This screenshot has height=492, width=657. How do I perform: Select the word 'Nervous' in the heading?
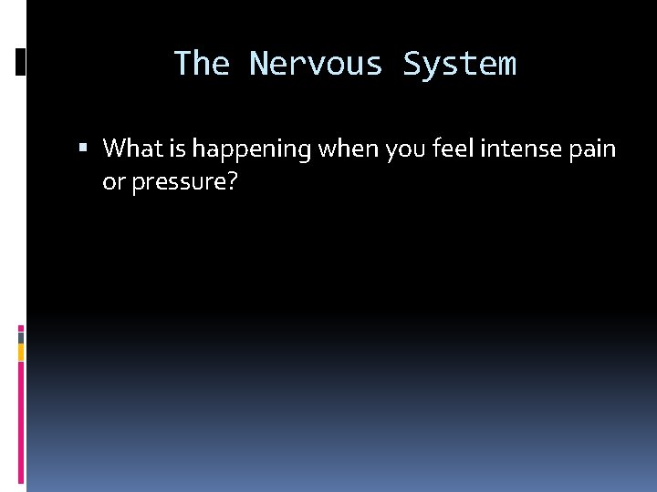pyautogui.click(x=317, y=64)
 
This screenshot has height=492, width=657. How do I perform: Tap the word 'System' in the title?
pyautogui.click(x=459, y=64)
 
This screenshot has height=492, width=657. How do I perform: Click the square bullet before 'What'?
pyautogui.click(x=84, y=148)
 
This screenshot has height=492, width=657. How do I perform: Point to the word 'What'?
pyautogui.click(x=130, y=148)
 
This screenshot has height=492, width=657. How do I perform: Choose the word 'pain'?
pyautogui.click(x=595, y=148)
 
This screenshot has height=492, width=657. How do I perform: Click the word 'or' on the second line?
pyautogui.click(x=113, y=183)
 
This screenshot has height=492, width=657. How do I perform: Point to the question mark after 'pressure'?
pyautogui.click(x=233, y=182)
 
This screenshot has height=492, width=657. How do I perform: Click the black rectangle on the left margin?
pyautogui.click(x=21, y=61)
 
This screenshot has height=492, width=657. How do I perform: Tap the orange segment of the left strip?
pyautogui.click(x=21, y=351)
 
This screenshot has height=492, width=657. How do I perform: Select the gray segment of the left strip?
pyautogui.click(x=21, y=336)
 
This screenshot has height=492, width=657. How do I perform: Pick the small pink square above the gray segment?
pyautogui.click(x=21, y=327)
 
